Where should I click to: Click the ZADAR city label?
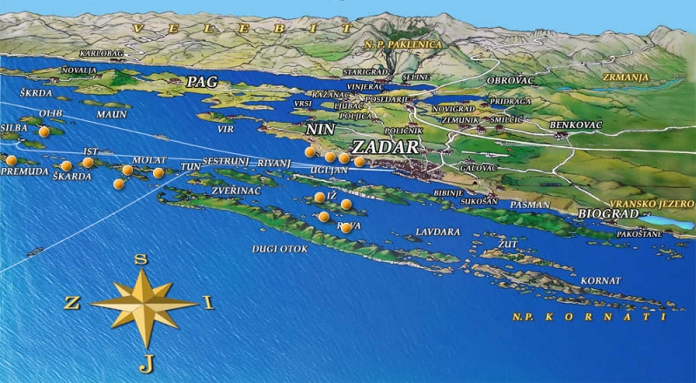pos(385,147)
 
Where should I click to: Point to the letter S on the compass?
pos(142,259)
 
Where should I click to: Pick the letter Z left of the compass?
pos(72,303)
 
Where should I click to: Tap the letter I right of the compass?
pos(207,302)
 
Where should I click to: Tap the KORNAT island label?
pos(603,281)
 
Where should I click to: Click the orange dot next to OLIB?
pos(44,131)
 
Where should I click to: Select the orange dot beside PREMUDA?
pos(11,160)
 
